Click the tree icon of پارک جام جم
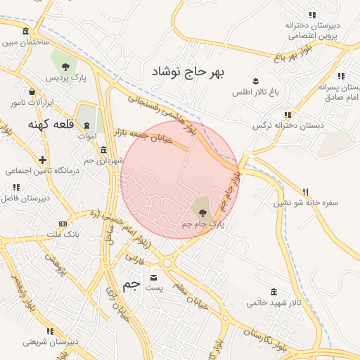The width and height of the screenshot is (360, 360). pyautogui.click(x=202, y=211)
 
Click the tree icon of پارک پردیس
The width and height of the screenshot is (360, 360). pyautogui.click(x=66, y=67)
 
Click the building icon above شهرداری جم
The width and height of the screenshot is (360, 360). pyautogui.click(x=103, y=150)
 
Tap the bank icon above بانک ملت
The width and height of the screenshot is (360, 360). pyautogui.click(x=63, y=224)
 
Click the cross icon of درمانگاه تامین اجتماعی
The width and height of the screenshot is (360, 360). pyautogui.click(x=43, y=160)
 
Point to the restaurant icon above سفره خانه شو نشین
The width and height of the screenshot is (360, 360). pyautogui.click(x=304, y=191)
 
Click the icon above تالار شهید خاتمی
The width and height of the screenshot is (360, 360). pyautogui.click(x=273, y=292)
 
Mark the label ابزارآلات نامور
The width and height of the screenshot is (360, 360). pyautogui.click(x=27, y=103)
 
